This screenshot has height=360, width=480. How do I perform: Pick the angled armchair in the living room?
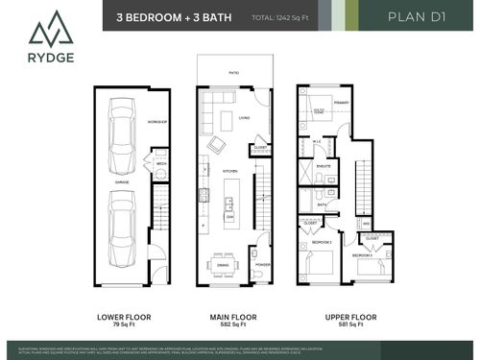pos(217,144)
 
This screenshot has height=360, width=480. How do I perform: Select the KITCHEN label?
pos(230,171)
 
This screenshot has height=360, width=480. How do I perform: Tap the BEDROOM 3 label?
pos(362,256)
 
